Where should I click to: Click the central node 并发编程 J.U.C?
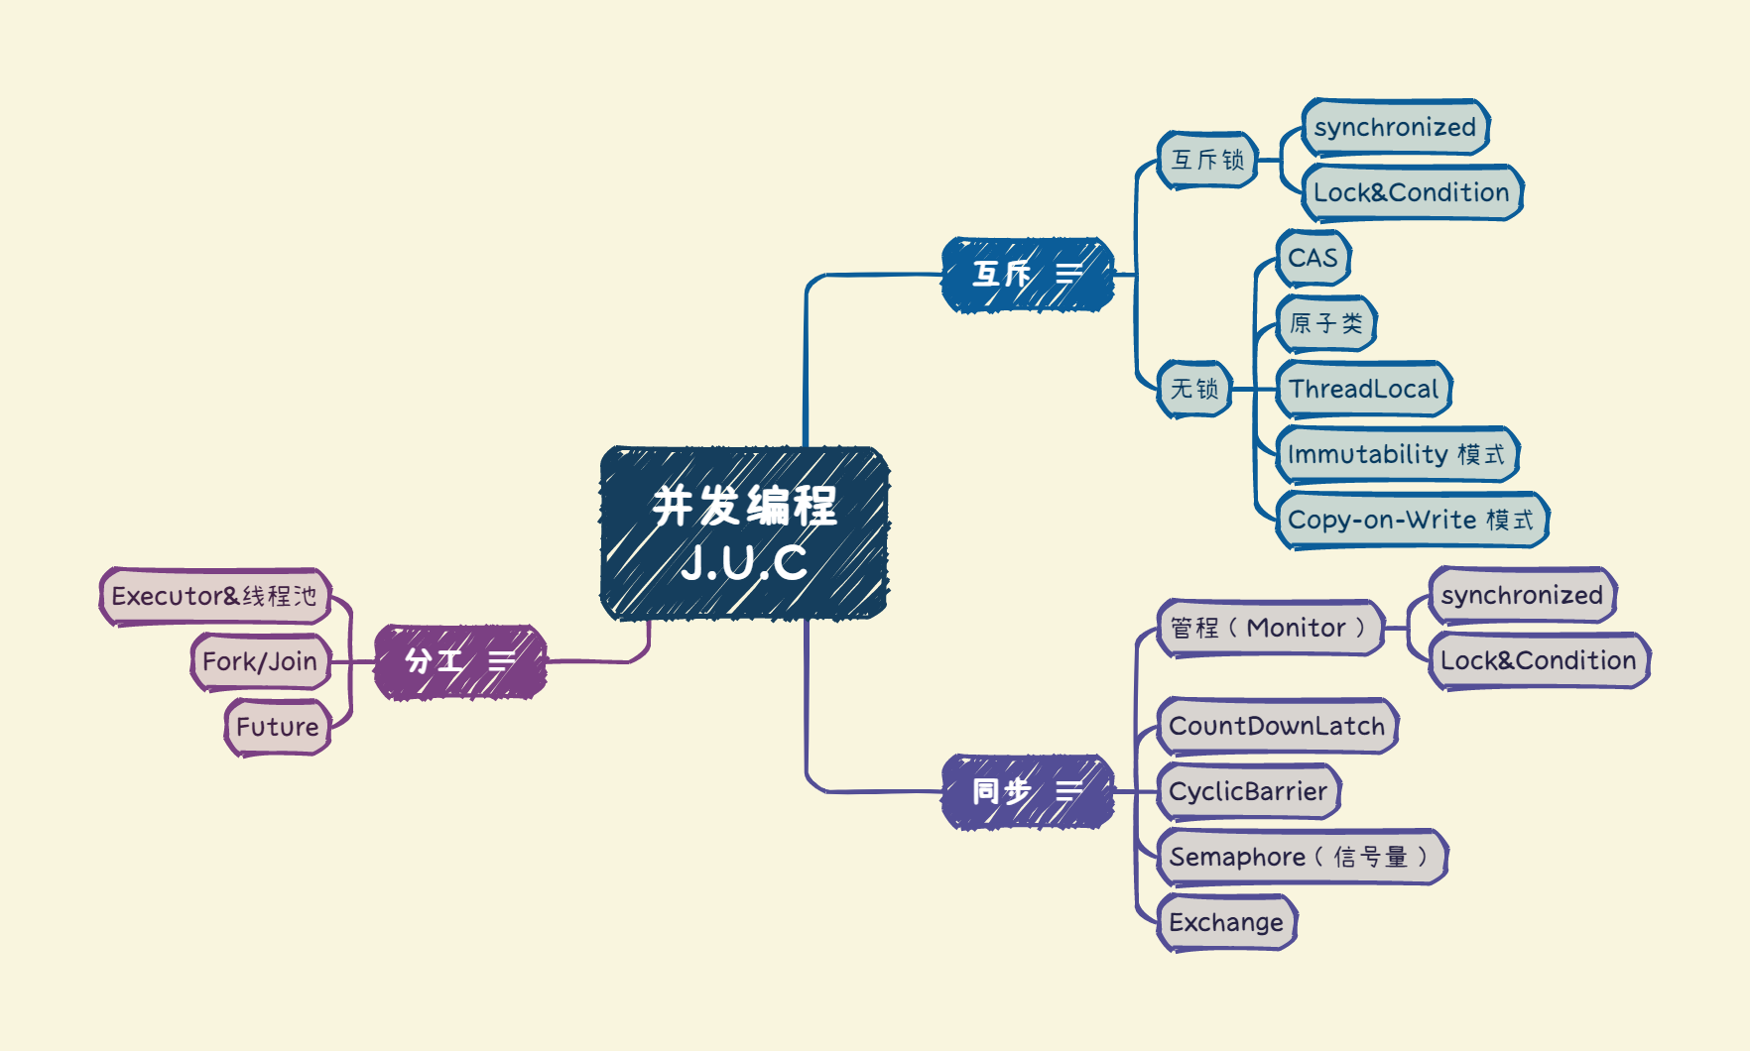coord(744,533)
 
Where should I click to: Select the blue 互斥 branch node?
coord(1027,275)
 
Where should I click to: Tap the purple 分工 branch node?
coord(459,661)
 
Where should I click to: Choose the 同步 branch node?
coord(1027,791)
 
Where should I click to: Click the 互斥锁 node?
coord(1207,160)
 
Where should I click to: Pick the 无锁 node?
coord(1194,389)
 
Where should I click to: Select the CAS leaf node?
coord(1312,258)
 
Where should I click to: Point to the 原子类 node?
coord(1325,323)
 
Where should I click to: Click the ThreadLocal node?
coord(1363,389)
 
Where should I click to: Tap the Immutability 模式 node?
coord(1396,454)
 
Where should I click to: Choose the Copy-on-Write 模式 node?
coord(1411,520)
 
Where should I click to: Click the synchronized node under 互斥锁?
coord(1395,127)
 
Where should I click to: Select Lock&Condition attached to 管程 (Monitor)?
coord(1538,660)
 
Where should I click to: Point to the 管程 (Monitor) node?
coord(1269,628)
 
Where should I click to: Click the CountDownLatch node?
coord(1277,726)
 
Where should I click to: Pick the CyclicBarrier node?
coord(1248,791)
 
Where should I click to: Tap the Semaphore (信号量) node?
coord(1301,857)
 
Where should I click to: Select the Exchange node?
coord(1226,922)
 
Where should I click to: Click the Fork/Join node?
coord(260,661)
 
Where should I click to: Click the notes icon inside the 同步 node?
coord(1068,791)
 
